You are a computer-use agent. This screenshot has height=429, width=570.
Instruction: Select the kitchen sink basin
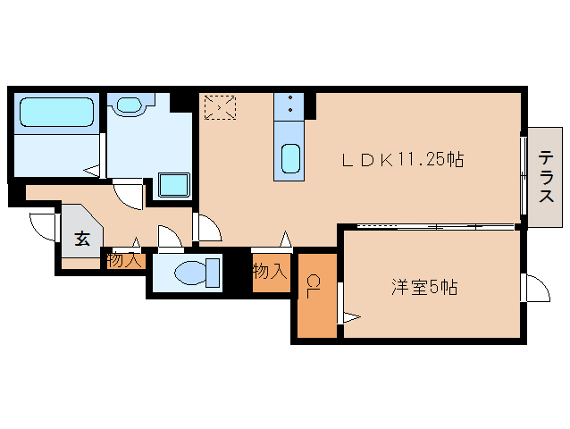tap(290, 159)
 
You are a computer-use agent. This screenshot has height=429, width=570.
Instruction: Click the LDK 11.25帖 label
tap(403, 161)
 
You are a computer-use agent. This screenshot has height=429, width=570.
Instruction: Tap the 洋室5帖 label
tap(424, 288)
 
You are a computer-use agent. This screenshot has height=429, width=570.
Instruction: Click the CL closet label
tap(314, 287)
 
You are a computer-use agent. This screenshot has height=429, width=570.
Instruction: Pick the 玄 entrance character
tap(81, 239)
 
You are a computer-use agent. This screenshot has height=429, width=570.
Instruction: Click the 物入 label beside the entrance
tap(123, 260)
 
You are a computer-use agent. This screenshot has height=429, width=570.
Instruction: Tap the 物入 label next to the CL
tap(269, 271)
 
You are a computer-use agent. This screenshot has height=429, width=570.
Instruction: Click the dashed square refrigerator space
tap(220, 108)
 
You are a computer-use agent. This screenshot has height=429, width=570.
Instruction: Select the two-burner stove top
tap(291, 106)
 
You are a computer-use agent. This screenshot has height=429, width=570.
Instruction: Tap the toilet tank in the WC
tap(213, 271)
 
